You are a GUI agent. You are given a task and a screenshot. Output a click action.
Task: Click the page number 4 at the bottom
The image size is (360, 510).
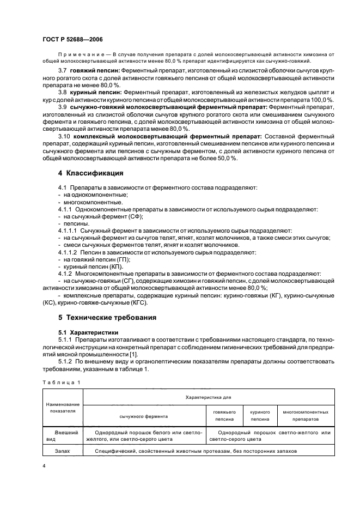coord(44,466)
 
